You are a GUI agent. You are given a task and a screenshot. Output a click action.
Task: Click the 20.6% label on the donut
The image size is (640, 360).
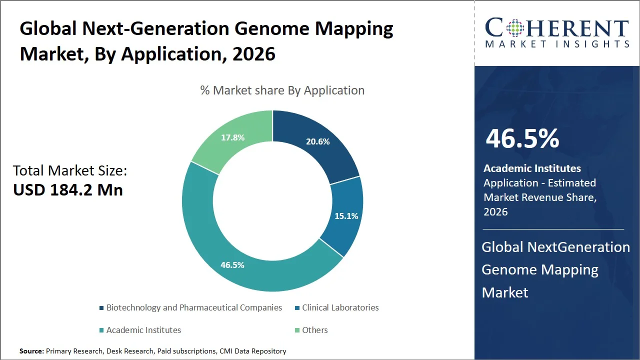point(317,141)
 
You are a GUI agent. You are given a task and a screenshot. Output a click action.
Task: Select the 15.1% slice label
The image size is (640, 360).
point(346,216)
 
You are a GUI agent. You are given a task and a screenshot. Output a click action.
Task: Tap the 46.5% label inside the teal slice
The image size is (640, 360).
point(232,265)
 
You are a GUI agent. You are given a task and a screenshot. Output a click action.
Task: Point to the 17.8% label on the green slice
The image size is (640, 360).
point(233,137)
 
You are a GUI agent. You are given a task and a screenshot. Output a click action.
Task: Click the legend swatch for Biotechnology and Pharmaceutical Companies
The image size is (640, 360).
point(102,308)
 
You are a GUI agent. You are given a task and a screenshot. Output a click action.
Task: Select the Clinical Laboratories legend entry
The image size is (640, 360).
point(340,307)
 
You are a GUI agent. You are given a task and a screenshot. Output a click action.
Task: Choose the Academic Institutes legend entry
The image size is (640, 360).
point(143,330)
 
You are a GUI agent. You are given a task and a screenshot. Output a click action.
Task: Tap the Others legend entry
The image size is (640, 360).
point(314,330)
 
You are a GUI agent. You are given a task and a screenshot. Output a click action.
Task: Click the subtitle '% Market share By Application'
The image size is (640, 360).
point(282,90)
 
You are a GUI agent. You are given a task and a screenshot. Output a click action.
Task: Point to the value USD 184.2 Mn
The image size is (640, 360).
point(68,190)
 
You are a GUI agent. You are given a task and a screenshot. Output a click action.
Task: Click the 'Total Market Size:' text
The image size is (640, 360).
point(70,170)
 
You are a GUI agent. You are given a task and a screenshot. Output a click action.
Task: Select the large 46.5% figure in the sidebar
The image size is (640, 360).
point(522,138)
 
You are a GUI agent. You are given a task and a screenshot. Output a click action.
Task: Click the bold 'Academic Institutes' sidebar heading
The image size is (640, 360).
point(532,168)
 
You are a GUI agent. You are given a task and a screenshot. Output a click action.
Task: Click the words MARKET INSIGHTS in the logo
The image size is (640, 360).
point(557,44)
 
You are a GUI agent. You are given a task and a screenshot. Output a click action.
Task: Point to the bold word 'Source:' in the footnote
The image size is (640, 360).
point(32,351)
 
